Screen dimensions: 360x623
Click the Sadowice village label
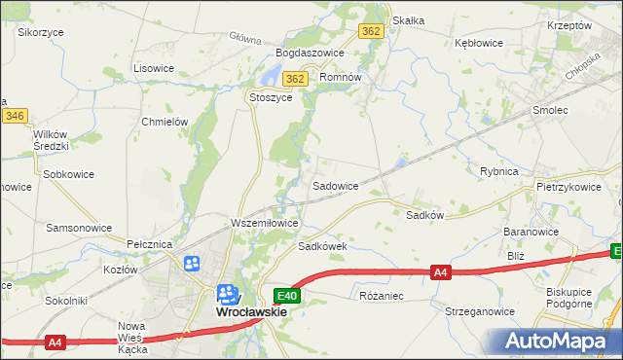335,185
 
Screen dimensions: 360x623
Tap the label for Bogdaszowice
311,53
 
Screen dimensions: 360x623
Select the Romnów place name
341,77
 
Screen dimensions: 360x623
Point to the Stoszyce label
271,97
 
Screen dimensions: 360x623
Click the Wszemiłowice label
263,223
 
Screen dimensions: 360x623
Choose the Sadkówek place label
323,247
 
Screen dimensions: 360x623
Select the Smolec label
550,111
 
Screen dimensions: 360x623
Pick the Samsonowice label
79,227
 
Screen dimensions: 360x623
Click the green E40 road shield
286,295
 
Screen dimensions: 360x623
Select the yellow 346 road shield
14,116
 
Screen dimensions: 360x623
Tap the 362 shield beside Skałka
371,31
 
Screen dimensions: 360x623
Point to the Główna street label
246,40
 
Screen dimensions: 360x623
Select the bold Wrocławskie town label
250,312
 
